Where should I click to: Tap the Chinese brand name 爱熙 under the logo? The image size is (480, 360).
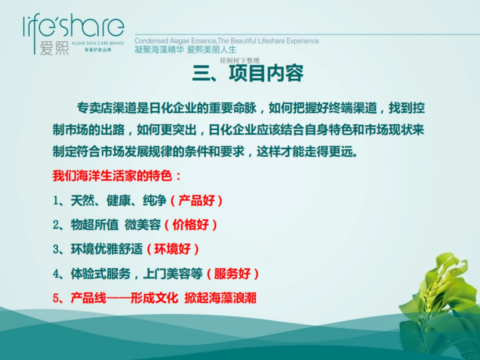tap(54, 48)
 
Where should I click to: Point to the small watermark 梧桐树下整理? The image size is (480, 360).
tap(240, 61)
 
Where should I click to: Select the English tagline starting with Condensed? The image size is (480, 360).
tap(226, 41)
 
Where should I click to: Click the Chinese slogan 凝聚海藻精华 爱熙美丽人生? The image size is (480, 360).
tap(186, 50)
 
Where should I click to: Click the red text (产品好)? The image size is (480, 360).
tap(196, 200)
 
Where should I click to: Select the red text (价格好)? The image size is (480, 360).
tap(190, 225)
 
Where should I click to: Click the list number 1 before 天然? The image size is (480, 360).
tap(56, 201)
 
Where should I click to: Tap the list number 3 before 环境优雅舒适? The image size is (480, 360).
tap(56, 250)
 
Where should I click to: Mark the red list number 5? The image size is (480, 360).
tap(56, 298)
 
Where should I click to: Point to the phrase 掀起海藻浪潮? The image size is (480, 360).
tap(220, 298)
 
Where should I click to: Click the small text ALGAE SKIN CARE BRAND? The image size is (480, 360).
tap(98, 43)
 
